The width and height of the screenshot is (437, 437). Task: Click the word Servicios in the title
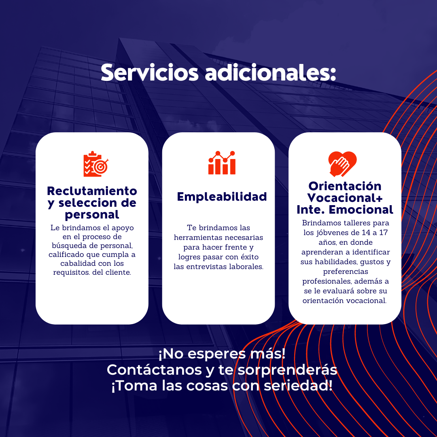pyautogui.click(x=150, y=72)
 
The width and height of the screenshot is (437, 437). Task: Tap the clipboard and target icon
pyautogui.click(x=95, y=164)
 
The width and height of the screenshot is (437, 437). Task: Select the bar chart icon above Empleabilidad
pyautogui.click(x=222, y=163)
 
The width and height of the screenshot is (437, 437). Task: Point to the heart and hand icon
pyautogui.click(x=342, y=164)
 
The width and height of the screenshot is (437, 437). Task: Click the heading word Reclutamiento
pyautogui.click(x=92, y=191)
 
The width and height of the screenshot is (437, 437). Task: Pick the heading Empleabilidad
pyautogui.click(x=222, y=197)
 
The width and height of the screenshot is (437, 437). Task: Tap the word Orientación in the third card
pyautogui.click(x=345, y=186)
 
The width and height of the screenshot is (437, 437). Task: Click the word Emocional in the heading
pyautogui.click(x=361, y=210)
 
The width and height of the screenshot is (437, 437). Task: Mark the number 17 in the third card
pyautogui.click(x=384, y=233)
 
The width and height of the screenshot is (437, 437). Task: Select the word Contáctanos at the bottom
pyautogui.click(x=155, y=370)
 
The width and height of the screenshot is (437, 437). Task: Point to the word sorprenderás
pyautogui.click(x=287, y=370)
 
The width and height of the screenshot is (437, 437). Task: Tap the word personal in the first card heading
pyautogui.click(x=92, y=215)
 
